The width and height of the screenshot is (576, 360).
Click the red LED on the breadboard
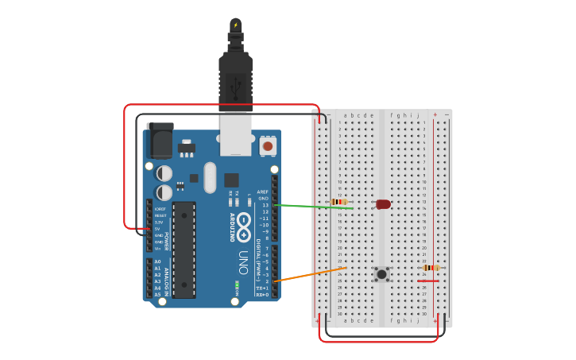pos(383,204)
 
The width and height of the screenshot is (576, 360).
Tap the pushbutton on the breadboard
pos(382,274)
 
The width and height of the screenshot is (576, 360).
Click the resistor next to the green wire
pos(339,202)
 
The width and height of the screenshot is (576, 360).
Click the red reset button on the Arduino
pos(268,146)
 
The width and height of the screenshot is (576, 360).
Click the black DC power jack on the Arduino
pos(160,141)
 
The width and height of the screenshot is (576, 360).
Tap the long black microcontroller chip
pos(184,249)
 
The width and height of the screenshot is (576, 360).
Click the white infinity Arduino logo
pos(244,222)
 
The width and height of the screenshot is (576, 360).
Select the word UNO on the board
pos(243,262)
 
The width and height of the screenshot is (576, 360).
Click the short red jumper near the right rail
pos(427,281)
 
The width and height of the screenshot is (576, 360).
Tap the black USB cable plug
pos(235,75)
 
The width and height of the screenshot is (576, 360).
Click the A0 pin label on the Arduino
pos(157,261)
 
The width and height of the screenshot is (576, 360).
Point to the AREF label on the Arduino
pos(263,192)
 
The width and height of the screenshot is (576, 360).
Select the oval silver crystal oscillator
pos(210,178)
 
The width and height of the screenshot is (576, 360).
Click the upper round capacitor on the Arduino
pos(164,173)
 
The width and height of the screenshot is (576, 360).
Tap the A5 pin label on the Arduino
pos(157,294)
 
